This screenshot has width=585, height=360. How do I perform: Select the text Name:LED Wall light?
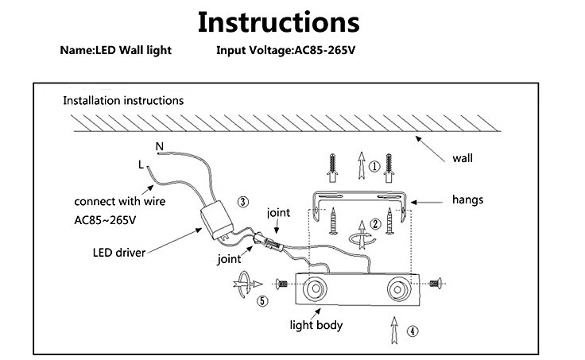pos(115,50)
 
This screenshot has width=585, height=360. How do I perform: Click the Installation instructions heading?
pos(123,101)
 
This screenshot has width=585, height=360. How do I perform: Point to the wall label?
pos(463,157)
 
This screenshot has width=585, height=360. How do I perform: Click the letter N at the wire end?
pos(158,147)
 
